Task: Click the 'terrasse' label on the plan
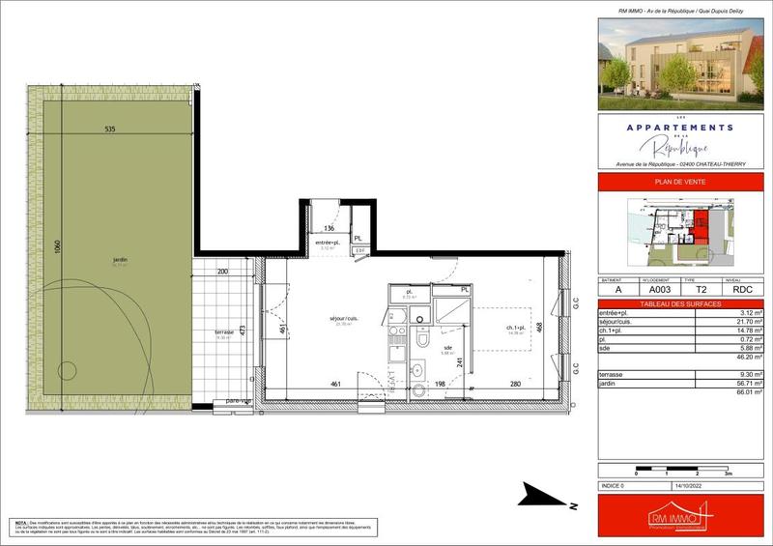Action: [x=224, y=332]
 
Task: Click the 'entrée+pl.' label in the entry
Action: [x=327, y=242]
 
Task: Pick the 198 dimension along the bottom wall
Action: [x=440, y=385]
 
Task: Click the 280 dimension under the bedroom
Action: [x=515, y=385]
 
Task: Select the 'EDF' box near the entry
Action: [x=359, y=250]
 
